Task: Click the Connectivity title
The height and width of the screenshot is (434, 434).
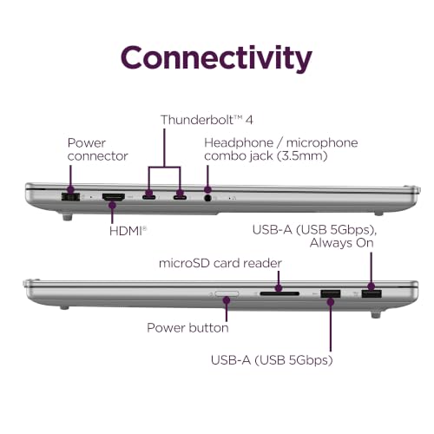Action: tap(216, 58)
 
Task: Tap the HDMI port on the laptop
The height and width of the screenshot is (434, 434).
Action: tap(114, 197)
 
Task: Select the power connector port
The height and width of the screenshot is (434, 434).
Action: tap(70, 197)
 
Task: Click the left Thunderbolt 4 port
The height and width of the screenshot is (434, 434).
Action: tap(148, 198)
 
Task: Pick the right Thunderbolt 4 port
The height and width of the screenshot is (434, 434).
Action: tap(180, 198)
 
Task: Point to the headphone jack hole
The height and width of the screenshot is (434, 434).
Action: tap(207, 198)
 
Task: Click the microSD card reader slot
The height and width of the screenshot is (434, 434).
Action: tap(279, 293)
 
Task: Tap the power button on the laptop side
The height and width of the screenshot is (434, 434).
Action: tap(227, 294)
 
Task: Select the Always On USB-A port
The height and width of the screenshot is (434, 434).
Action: tap(372, 293)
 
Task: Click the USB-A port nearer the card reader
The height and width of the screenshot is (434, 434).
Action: tap(331, 293)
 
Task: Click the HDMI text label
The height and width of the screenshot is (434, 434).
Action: tap(128, 231)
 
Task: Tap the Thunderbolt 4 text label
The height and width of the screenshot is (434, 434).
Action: tap(207, 120)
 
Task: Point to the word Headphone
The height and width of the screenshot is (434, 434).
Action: tap(239, 142)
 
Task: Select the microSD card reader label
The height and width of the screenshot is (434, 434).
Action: tap(220, 263)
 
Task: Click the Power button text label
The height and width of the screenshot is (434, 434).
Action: tap(187, 328)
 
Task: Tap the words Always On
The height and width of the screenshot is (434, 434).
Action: tap(341, 243)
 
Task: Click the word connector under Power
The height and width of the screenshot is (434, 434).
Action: tap(97, 156)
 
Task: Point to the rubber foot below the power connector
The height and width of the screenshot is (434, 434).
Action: tap(67, 217)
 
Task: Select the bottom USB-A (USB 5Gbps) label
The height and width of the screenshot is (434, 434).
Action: tap(272, 360)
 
